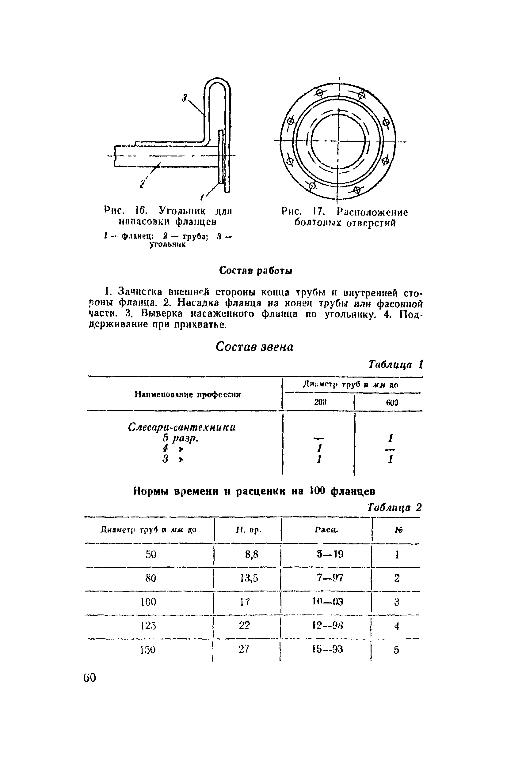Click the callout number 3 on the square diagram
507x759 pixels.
[185, 98]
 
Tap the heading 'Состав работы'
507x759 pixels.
[255, 270]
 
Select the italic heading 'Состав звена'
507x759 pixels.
[254, 347]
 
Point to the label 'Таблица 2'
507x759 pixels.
[395, 508]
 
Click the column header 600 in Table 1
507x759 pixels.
[392, 403]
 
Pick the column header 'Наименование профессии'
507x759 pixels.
[188, 394]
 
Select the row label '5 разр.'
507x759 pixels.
[181, 438]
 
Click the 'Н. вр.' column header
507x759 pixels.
[248, 530]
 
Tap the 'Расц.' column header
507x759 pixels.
[326, 530]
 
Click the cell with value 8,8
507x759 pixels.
[252, 554]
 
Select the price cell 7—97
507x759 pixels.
[330, 578]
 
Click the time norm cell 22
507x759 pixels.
[244, 625]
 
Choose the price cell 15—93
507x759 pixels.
[328, 649]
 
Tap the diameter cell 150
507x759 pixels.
[148, 650]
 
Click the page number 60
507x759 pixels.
[90, 678]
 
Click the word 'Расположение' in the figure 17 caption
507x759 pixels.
[372, 212]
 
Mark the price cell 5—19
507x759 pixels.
[330, 554]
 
